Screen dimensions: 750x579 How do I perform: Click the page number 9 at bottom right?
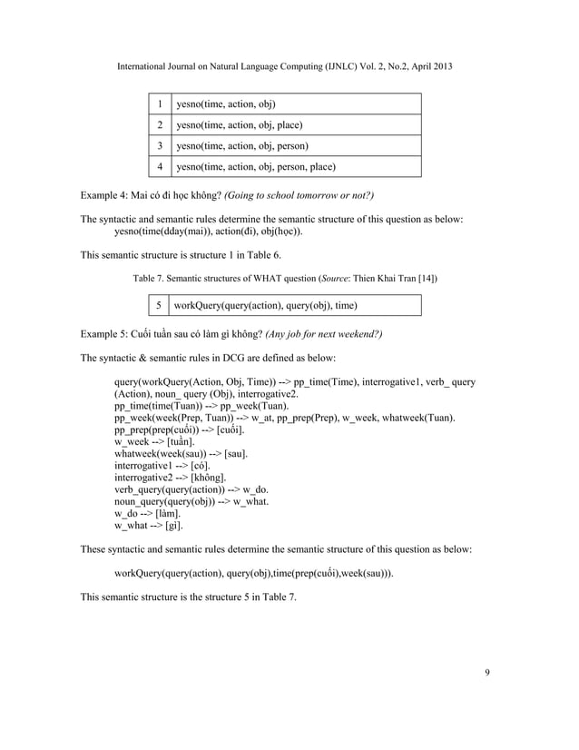coord(487,672)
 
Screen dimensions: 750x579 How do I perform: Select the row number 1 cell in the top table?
coord(160,104)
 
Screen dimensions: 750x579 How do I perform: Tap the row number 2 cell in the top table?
coord(160,125)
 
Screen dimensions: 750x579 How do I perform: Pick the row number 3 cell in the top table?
coord(160,145)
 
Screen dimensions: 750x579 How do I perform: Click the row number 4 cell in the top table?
coord(160,166)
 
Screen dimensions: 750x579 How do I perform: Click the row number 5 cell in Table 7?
coord(158,305)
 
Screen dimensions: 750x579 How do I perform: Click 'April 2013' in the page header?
coord(428,67)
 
